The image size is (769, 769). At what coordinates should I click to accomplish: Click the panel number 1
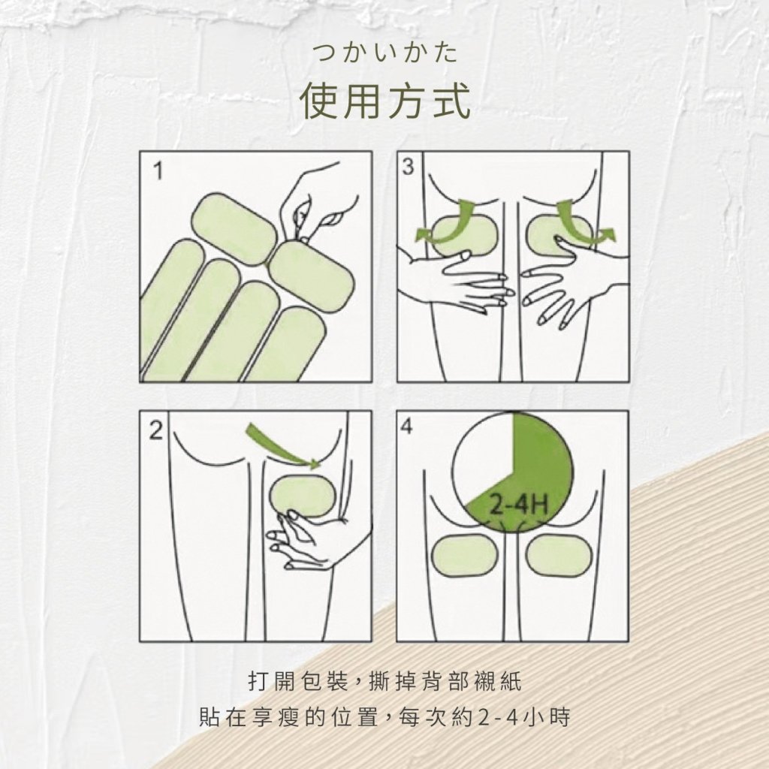[x=158, y=171]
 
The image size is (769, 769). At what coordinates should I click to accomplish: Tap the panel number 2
[x=155, y=430]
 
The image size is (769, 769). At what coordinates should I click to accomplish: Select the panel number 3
[x=408, y=167]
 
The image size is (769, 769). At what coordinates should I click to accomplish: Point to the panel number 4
[x=407, y=427]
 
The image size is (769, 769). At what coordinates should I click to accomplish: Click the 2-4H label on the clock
[x=519, y=503]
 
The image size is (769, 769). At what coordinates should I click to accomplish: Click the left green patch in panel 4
[x=464, y=555]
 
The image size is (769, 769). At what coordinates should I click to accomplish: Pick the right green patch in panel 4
[x=559, y=555]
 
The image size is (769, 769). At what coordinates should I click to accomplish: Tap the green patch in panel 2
[x=302, y=496]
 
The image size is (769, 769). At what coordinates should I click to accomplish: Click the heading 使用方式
[x=385, y=101]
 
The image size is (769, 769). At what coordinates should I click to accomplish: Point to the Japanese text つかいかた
[x=385, y=53]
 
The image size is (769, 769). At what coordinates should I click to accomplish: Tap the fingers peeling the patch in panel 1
[x=314, y=206]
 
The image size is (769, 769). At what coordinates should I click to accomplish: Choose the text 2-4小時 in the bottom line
[x=523, y=717]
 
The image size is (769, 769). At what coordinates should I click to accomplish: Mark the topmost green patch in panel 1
[x=234, y=230]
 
